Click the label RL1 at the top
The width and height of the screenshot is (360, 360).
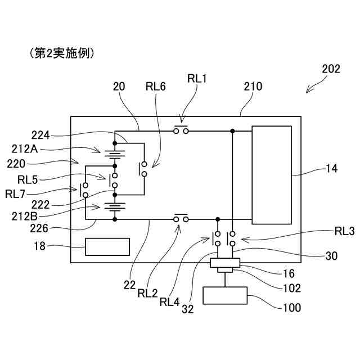197,79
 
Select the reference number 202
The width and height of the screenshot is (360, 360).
331,69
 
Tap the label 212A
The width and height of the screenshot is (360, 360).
25,149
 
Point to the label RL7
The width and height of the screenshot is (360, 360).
15,194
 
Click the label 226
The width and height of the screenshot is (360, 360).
39,228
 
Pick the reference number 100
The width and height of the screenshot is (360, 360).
292,308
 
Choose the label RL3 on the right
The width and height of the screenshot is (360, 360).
344,231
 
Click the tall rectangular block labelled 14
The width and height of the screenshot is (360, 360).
272,175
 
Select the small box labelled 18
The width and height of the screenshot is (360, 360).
107,247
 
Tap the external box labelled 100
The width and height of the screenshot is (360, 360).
225,295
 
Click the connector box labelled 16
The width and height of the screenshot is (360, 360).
225,263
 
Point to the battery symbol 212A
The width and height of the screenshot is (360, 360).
115,155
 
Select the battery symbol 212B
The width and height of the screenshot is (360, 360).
115,207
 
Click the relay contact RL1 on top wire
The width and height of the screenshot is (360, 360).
181,130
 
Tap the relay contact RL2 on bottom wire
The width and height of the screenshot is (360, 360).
181,218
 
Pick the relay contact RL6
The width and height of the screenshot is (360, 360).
143,169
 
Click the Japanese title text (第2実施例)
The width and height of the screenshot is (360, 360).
62,53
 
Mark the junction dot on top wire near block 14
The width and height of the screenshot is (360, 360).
232,131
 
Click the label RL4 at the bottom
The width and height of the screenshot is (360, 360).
169,302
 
